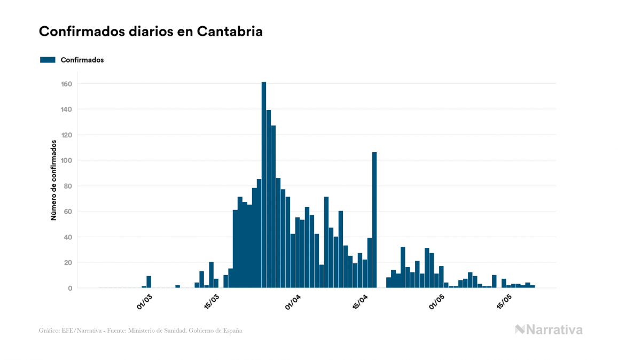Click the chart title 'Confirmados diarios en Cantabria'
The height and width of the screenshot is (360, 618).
click(x=151, y=32)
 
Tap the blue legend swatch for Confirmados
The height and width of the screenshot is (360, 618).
click(x=48, y=60)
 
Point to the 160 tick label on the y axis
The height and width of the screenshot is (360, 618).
click(x=67, y=84)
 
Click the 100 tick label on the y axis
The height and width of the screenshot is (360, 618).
click(x=67, y=161)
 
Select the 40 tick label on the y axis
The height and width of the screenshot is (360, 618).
click(x=68, y=237)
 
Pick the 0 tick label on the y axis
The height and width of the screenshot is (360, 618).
click(x=70, y=288)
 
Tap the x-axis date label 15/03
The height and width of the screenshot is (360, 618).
click(x=212, y=302)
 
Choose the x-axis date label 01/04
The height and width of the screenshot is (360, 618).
click(x=293, y=302)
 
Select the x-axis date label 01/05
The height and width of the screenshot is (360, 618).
click(x=437, y=302)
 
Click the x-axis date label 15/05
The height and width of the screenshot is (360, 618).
click(x=505, y=302)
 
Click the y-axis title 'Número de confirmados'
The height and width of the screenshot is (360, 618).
click(x=54, y=181)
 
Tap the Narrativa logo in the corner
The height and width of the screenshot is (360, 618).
click(x=549, y=330)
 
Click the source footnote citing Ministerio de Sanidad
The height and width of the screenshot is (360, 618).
click(x=140, y=331)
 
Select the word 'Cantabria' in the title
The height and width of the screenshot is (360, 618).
click(x=230, y=32)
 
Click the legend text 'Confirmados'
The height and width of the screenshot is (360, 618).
click(x=82, y=60)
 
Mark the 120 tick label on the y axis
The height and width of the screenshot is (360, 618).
click(x=67, y=135)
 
